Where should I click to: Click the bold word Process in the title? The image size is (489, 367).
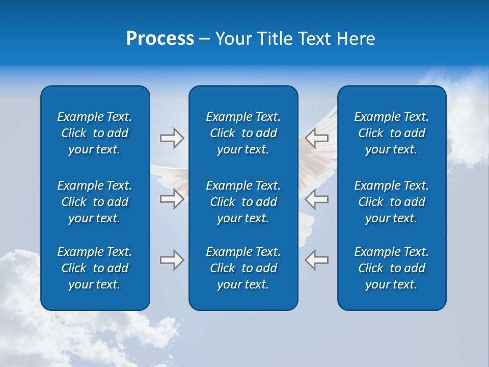point(160,39)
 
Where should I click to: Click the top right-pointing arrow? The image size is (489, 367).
point(172,138)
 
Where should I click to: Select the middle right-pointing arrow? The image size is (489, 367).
point(172,199)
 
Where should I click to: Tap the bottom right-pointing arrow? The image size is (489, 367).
point(172,260)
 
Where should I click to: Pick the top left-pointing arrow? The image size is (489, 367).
point(317,138)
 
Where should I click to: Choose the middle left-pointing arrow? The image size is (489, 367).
point(317,199)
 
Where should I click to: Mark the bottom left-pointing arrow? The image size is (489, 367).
point(317,260)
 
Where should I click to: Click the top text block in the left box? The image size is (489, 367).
point(95,133)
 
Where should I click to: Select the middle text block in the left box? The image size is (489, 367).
point(95,202)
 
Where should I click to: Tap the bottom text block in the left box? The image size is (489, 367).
point(95,268)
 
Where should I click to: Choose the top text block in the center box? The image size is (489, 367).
point(243,133)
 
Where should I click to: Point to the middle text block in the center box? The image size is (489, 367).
point(243,202)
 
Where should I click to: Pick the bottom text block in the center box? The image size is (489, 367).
point(243,268)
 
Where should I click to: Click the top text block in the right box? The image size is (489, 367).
point(391,133)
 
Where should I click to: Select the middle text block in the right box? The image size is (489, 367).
point(391,202)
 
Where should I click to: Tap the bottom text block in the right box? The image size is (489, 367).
point(391,268)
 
